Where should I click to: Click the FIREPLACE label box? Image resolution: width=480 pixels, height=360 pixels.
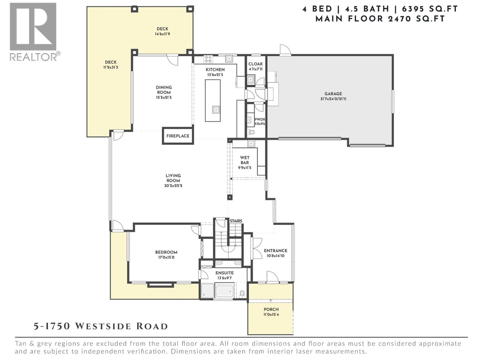(178, 136)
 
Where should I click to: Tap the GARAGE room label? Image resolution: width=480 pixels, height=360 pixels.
(333, 94)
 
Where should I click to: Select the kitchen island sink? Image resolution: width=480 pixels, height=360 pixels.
(216, 109)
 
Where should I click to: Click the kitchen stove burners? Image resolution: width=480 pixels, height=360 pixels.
(208, 59)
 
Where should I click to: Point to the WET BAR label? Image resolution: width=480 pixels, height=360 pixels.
(244, 160)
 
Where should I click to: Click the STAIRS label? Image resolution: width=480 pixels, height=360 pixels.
(236, 221)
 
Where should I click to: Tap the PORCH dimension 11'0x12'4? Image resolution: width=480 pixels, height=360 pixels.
(271, 315)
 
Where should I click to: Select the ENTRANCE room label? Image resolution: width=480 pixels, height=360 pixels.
(275, 251)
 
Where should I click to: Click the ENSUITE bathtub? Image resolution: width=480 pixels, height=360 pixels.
(224, 291)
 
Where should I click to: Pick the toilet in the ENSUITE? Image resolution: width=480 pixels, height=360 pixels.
(242, 294)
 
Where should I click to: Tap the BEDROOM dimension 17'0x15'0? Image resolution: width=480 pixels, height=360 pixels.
(166, 257)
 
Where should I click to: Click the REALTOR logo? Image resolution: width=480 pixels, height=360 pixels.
(33, 31)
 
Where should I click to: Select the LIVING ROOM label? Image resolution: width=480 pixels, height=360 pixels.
(173, 178)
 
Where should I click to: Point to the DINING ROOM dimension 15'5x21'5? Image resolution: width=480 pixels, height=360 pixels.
(164, 97)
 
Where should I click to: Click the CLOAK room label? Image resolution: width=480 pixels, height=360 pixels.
(255, 64)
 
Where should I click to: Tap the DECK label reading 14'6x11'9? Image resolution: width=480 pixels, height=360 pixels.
(162, 34)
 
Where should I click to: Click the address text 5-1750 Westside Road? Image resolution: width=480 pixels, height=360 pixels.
(100, 326)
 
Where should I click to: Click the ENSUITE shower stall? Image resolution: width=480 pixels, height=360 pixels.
(207, 291)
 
